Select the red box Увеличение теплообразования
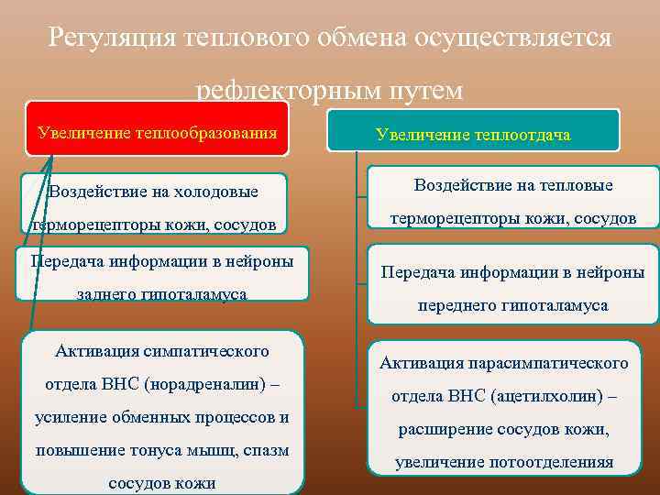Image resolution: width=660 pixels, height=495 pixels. pos(157,132)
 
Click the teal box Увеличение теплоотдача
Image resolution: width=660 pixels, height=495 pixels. pos(472,135)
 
